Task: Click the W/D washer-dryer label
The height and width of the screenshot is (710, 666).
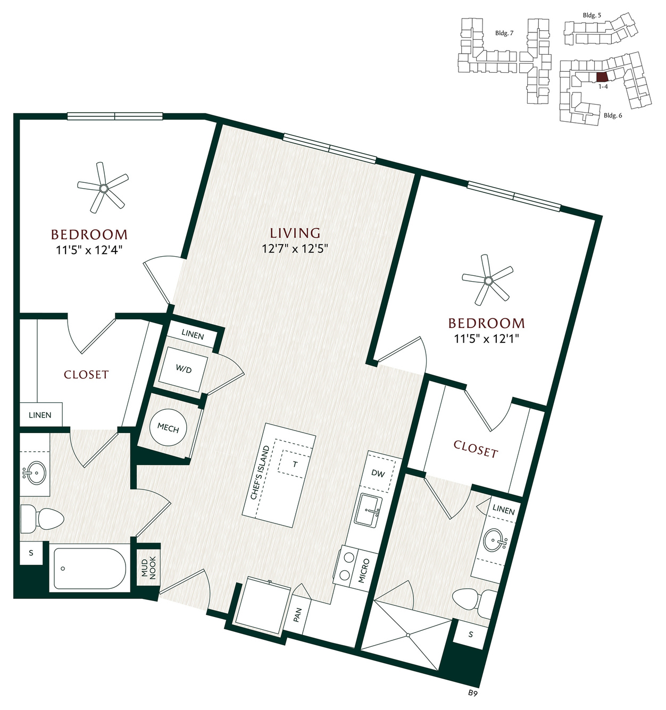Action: pos(184,370)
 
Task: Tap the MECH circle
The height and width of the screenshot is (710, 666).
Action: pos(168,428)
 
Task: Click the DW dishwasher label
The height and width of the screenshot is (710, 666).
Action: pos(378,474)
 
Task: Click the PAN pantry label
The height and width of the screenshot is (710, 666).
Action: pos(297,615)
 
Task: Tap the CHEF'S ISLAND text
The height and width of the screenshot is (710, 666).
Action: pos(259,472)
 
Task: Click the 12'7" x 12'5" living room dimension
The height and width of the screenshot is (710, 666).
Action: pos(295,248)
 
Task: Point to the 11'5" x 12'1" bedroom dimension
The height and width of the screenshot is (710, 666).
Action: pos(486,338)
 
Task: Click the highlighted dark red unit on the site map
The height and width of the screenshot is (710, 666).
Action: pos(602,77)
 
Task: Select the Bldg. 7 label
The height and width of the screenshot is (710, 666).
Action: pos(504,33)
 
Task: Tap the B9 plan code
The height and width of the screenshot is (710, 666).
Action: pos(473,703)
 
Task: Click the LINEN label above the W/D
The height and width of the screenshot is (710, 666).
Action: pos(193,335)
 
